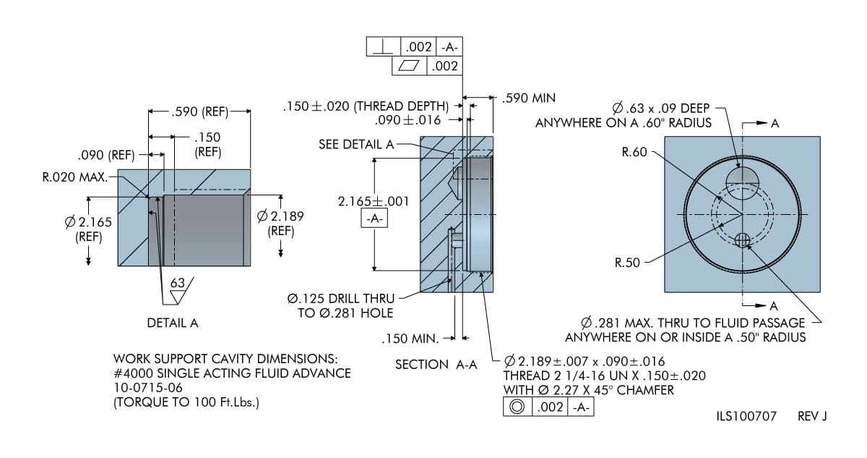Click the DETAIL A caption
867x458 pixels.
(172, 323)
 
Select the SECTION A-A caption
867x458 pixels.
(436, 364)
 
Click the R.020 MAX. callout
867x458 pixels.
(75, 176)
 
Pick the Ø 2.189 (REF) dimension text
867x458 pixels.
(280, 223)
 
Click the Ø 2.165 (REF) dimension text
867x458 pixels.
(88, 229)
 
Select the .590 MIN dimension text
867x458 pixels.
(529, 98)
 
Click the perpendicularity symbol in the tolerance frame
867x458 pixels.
(383, 47)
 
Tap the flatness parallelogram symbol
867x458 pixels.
(409, 66)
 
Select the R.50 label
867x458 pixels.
(627, 263)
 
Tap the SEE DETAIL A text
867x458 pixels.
(355, 144)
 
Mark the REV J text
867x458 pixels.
(812, 417)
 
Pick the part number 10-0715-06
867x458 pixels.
(148, 388)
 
